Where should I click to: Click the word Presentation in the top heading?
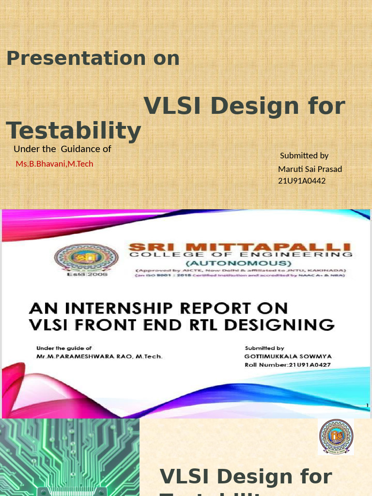[76, 59]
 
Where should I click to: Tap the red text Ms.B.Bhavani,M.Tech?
[54, 164]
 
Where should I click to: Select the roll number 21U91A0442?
[302, 181]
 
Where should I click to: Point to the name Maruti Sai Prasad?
[310, 169]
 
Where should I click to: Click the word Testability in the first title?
[74, 131]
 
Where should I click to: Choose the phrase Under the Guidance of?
[62, 149]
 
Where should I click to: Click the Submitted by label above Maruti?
[304, 155]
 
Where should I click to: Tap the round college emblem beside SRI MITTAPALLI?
[86, 258]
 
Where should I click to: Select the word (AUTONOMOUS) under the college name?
[241, 263]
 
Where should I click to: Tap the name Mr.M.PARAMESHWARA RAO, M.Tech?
[100, 356]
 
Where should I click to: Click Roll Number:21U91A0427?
[287, 365]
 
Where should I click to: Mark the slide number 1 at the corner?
[367, 405]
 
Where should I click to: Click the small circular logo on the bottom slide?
[336, 437]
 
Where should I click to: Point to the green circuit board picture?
[70, 457]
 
